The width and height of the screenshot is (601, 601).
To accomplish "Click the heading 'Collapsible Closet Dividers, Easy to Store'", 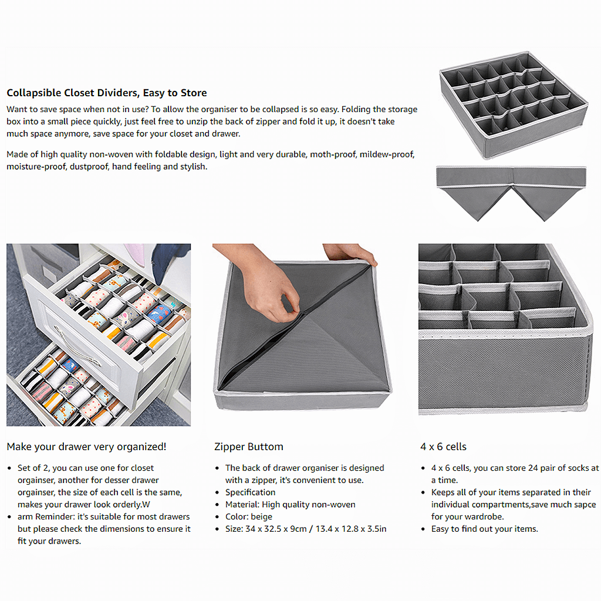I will [106, 93].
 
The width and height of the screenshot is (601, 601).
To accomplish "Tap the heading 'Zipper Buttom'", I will [248, 447].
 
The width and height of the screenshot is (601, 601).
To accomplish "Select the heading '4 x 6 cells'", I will [443, 447].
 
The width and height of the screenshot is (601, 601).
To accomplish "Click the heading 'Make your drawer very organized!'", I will [86, 447].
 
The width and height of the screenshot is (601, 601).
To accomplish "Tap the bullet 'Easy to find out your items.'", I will [484, 529].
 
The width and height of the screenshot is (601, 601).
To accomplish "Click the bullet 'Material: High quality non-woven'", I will [290, 504].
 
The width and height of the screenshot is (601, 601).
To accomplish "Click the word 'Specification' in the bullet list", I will [250, 492].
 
